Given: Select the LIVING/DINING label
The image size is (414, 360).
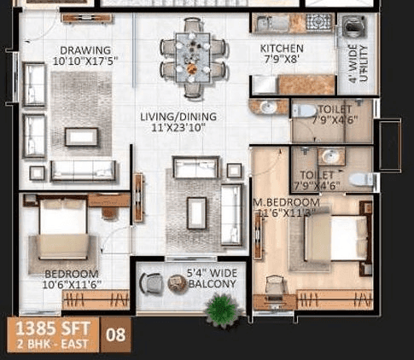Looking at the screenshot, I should tap(178, 117).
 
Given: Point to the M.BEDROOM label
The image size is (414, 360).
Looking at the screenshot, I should tap(286, 202).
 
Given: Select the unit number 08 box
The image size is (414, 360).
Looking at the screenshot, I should tap(115, 334).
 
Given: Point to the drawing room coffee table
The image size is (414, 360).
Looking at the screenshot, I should tap(81, 136).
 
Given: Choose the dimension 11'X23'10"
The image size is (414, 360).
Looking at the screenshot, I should tap(178, 129).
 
